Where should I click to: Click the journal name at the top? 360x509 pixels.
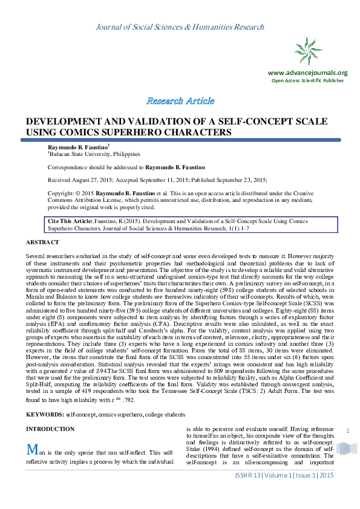(x=180, y=27)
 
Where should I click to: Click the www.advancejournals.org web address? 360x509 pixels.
(x=307, y=73)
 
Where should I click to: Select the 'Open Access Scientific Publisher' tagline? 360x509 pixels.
(x=307, y=80)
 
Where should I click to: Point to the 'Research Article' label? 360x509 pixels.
(x=180, y=100)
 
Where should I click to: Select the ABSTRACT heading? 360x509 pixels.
(x=42, y=242)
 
